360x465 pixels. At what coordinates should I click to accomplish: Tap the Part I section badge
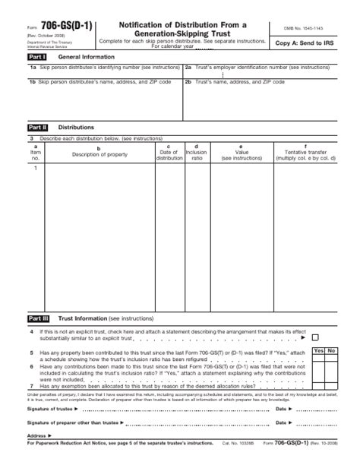(x=37, y=57)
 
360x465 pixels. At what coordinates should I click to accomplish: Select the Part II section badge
(x=38, y=128)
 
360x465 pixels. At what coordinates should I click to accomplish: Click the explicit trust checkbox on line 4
(x=315, y=337)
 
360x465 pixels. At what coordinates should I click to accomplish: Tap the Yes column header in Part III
(x=318, y=350)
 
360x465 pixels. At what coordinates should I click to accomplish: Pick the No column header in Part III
(x=332, y=350)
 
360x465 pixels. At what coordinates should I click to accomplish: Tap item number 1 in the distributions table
(x=35, y=167)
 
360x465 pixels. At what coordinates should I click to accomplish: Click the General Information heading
(x=86, y=57)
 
